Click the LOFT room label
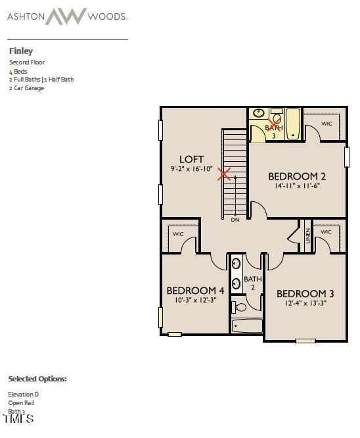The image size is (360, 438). click(x=192, y=159)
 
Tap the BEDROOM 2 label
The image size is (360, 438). click(x=297, y=176)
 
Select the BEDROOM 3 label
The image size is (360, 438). click(x=301, y=293)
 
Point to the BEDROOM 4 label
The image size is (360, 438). click(x=195, y=290)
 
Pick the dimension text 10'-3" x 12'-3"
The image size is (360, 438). click(x=195, y=300)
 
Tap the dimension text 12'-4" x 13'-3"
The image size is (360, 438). click(x=301, y=303)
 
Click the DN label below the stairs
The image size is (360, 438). click(x=235, y=220)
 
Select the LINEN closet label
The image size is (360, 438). click(x=307, y=235)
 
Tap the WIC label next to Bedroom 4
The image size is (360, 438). click(x=178, y=233)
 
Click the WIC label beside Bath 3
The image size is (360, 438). click(x=326, y=123)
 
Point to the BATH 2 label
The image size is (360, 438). click(x=253, y=283)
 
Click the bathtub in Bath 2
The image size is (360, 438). click(x=247, y=326)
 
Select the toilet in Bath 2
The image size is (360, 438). click(x=240, y=306)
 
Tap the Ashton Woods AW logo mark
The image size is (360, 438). click(x=66, y=16)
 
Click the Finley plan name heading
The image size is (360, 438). click(x=21, y=51)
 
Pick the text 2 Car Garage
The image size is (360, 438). click(x=27, y=87)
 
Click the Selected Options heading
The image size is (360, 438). click(x=37, y=379)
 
